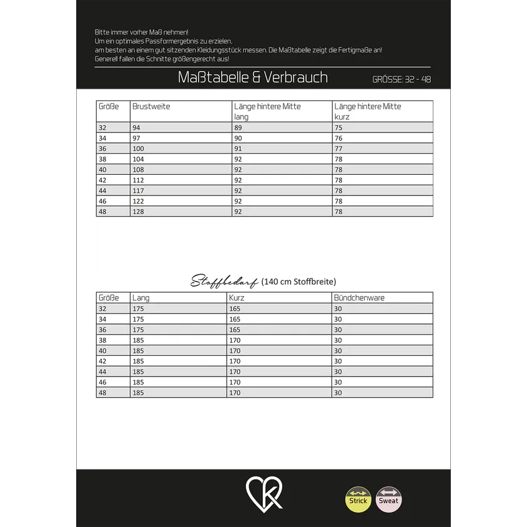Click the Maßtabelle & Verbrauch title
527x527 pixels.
[x=252, y=77]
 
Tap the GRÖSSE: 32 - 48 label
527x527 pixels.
[x=401, y=79]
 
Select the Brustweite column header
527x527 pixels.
[x=151, y=107]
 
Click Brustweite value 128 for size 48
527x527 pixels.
[x=138, y=212]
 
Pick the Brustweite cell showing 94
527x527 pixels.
[x=137, y=127]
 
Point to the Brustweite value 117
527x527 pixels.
[x=138, y=190]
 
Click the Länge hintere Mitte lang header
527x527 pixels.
[x=267, y=111]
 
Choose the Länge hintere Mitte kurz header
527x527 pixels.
[x=368, y=111]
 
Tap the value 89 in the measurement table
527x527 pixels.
[x=238, y=127]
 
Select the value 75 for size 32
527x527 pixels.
[x=338, y=127]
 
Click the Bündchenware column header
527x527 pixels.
[x=359, y=298]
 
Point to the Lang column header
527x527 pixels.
[x=141, y=298]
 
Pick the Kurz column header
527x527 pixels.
[x=237, y=298]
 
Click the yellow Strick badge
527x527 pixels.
[x=358, y=500]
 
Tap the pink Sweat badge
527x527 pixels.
[x=388, y=500]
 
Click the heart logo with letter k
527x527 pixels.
[x=264, y=493]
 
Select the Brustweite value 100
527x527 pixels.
[x=138, y=149]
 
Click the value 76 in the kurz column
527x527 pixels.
[x=338, y=138]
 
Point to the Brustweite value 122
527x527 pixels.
[x=138, y=201]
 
